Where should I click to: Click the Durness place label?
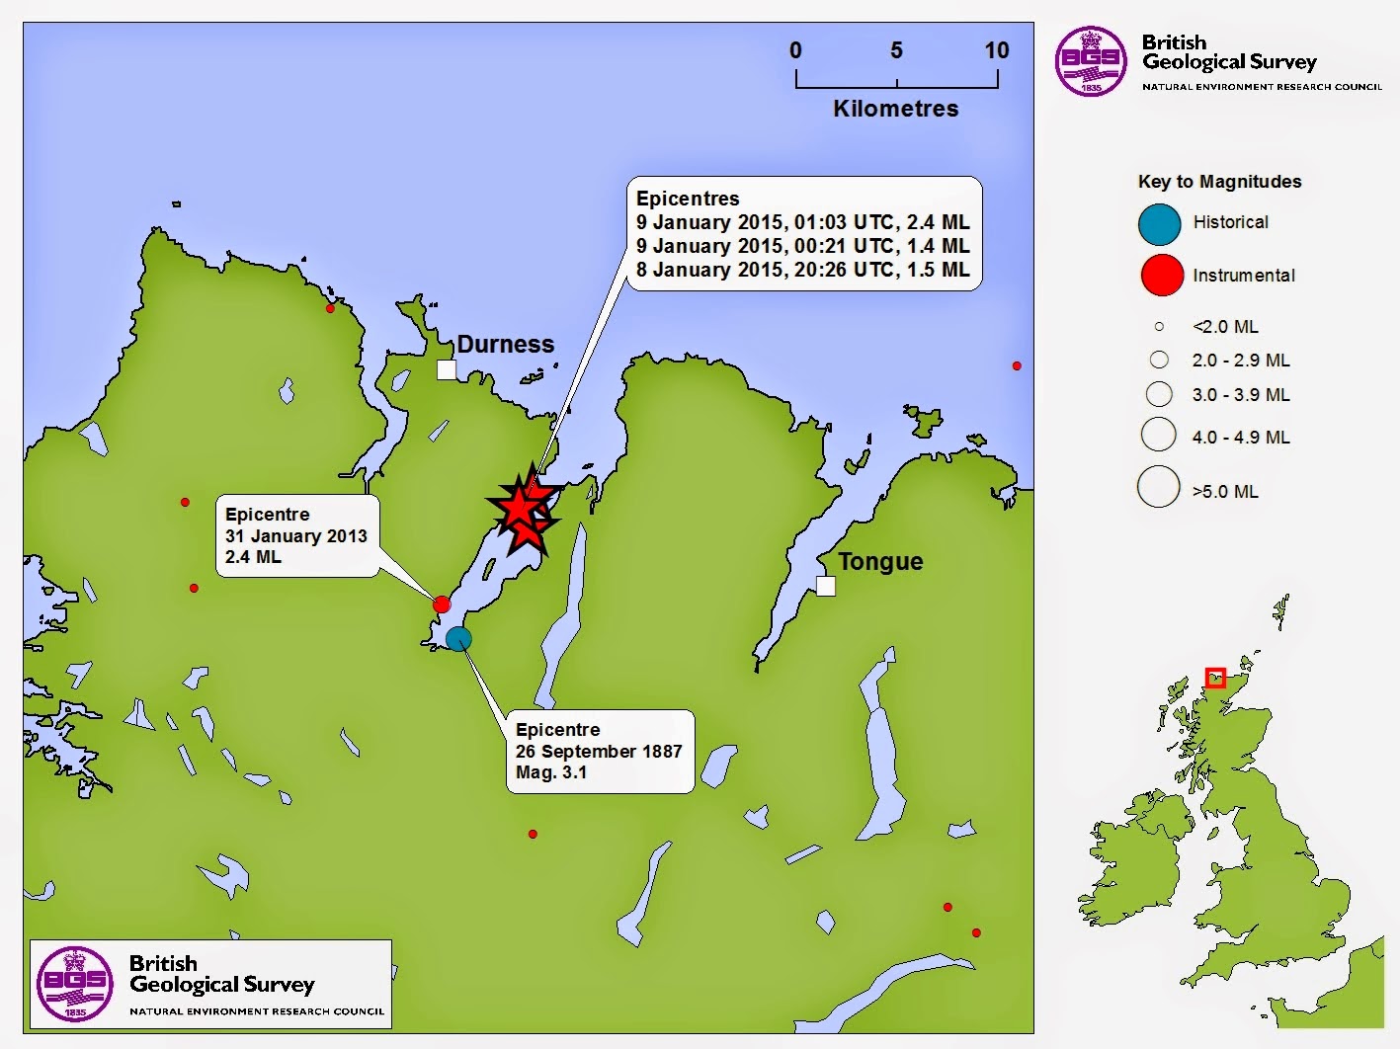point(505,344)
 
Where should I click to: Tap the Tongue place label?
point(880,561)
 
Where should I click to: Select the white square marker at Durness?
point(447,369)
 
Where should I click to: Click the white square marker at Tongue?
point(826,586)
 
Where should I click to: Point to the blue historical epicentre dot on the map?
point(458,638)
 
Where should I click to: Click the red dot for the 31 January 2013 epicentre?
point(442,605)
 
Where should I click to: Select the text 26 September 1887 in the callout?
point(599,751)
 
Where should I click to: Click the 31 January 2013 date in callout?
point(295,536)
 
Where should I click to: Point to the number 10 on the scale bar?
point(996,50)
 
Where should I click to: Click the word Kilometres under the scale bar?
point(895,109)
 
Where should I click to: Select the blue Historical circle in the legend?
point(1159,224)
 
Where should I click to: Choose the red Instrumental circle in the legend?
point(1162,276)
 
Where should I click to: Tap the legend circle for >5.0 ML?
point(1159,487)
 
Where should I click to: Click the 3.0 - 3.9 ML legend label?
point(1240,395)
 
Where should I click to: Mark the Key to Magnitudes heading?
point(1219,182)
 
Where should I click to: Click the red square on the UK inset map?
point(1215,678)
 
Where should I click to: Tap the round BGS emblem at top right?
point(1091,61)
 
